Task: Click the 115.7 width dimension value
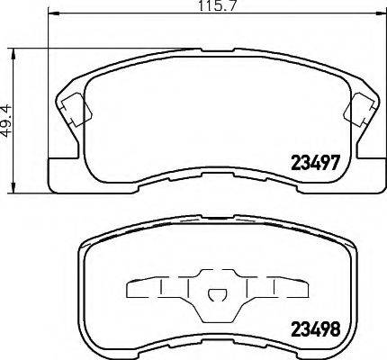pyautogui.click(x=218, y=6)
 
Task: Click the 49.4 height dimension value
pyautogui.click(x=6, y=121)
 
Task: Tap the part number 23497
pyautogui.click(x=315, y=163)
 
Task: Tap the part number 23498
pyautogui.click(x=315, y=328)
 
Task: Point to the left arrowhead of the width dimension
pyautogui.click(x=54, y=13)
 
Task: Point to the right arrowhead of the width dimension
pyautogui.click(x=380, y=13)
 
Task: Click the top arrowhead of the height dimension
pyautogui.click(x=13, y=54)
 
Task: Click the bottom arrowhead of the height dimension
pyautogui.click(x=13, y=187)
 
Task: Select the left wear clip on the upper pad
pyautogui.click(x=76, y=110)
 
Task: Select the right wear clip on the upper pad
pyautogui.click(x=358, y=110)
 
